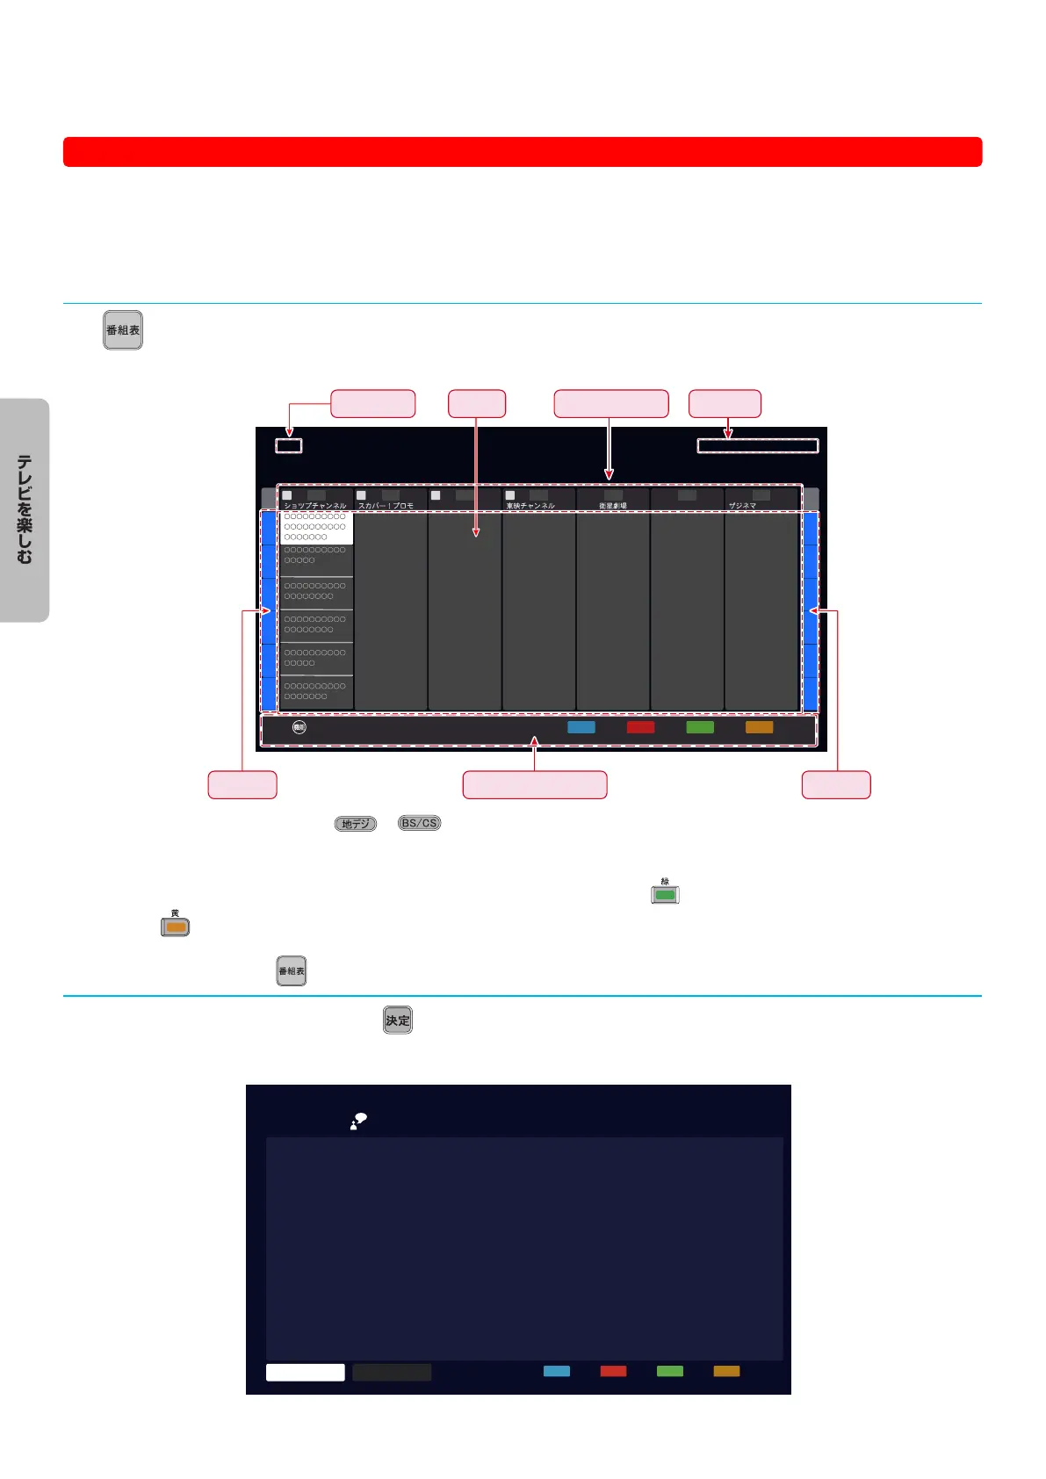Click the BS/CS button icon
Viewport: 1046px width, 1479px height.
coord(419,823)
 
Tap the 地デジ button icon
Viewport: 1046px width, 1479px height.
coord(355,824)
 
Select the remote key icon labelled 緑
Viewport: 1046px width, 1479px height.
coord(665,895)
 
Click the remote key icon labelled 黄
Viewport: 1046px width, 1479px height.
coord(175,927)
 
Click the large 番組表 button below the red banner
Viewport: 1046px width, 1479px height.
coord(123,330)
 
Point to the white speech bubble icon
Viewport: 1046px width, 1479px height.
coord(358,1121)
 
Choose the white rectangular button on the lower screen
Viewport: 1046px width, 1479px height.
coord(305,1372)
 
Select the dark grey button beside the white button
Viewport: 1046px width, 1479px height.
coord(392,1372)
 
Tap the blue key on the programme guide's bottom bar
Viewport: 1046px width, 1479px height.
coord(581,727)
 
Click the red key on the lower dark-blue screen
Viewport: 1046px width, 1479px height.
coord(613,1371)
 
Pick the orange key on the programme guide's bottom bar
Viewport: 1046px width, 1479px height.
coord(759,727)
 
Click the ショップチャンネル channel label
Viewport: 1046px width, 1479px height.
coord(314,506)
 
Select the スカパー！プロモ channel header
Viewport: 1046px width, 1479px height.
coord(386,506)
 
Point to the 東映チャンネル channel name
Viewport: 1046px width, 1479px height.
coord(530,506)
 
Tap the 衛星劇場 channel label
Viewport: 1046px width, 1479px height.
coord(613,506)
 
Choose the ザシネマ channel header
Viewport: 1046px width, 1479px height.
coord(742,506)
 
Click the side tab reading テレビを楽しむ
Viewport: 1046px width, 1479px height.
coord(25,509)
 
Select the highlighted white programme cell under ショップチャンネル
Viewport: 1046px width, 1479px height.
coord(316,527)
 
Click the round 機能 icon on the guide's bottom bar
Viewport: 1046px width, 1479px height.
coord(299,727)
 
